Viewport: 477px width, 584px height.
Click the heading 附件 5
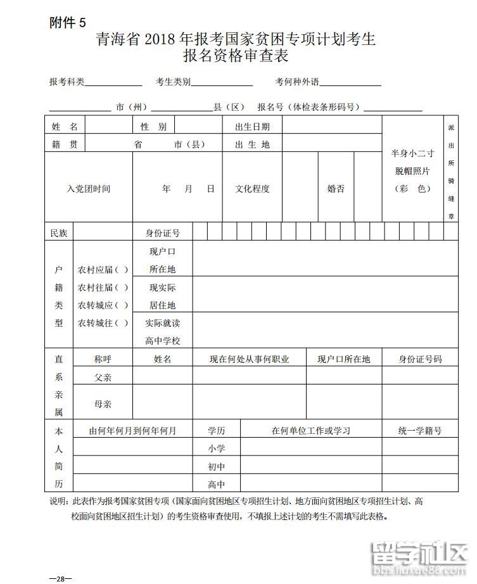[x=67, y=23]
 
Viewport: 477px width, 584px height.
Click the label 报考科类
[x=67, y=82]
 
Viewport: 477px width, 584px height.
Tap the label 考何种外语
[x=297, y=82]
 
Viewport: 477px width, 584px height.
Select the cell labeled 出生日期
[x=252, y=127]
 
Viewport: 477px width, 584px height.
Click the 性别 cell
[x=153, y=127]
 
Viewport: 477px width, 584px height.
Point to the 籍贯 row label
[x=65, y=144]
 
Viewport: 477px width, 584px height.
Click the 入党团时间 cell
[x=89, y=189]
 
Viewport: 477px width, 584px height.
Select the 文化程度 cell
[x=252, y=189]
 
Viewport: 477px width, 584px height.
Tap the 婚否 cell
[x=336, y=189]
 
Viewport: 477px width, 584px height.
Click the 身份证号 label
[x=163, y=233]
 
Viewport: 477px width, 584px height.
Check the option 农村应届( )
[x=103, y=269]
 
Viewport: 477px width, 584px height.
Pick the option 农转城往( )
[x=103, y=323]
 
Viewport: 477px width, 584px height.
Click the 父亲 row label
[x=103, y=376]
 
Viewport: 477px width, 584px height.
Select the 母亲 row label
[x=103, y=403]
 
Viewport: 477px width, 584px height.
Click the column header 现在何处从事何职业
[x=250, y=359]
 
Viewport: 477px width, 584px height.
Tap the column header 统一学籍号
[x=420, y=431]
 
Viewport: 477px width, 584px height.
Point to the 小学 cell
[x=217, y=448]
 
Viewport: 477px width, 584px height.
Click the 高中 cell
[x=217, y=485]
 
